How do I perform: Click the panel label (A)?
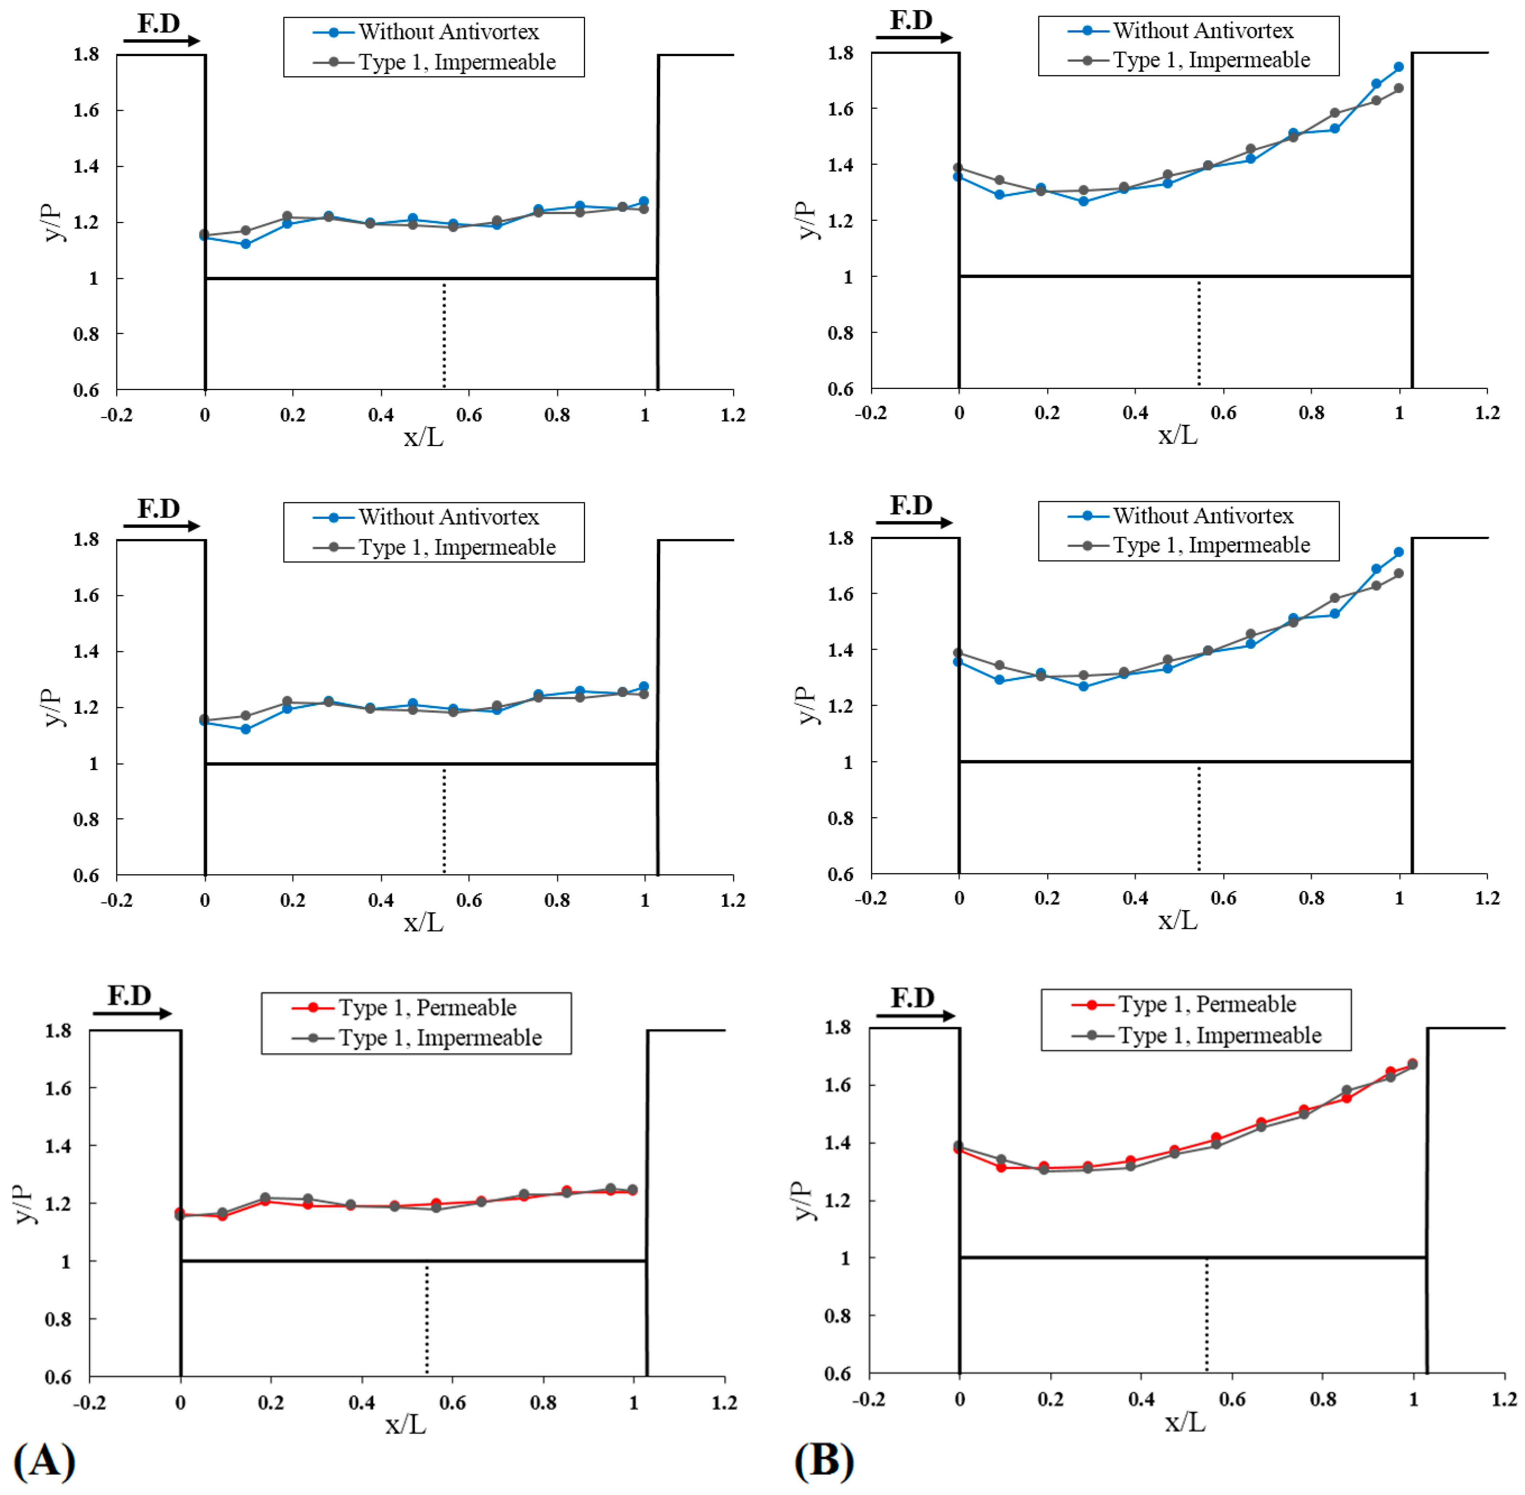click(45, 1461)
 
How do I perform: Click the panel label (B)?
click(824, 1461)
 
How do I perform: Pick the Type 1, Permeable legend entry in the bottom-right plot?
click(1183, 1004)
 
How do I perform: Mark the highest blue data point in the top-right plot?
click(1399, 67)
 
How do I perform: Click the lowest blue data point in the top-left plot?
click(246, 244)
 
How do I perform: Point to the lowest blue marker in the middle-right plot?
click(1084, 686)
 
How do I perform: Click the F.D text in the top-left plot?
click(159, 24)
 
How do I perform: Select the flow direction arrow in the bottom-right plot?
click(916, 1016)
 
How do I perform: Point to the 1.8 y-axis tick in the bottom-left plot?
click(60, 1030)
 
